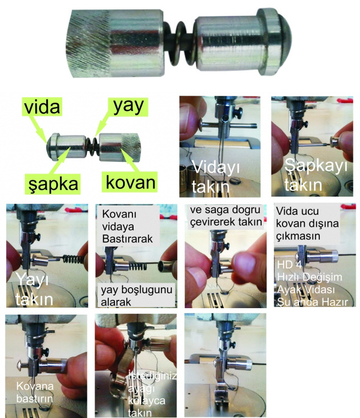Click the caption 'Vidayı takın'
212,176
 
